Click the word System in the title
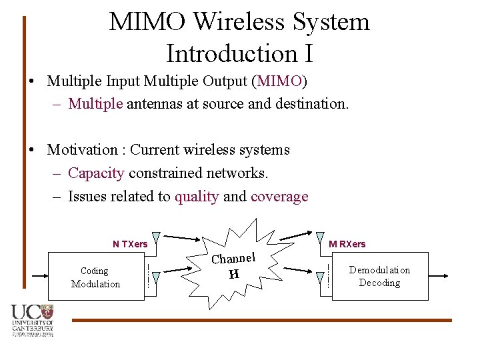point(331,22)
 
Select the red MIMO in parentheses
point(279,81)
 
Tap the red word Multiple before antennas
point(95,103)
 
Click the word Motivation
point(83,149)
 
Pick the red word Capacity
point(96,173)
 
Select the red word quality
point(197,197)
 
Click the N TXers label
point(130,244)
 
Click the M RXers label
point(347,244)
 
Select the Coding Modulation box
point(96,277)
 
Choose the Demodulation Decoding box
point(379,276)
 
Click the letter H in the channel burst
point(233,273)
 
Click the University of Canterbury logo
point(31,320)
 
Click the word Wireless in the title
point(237,22)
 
